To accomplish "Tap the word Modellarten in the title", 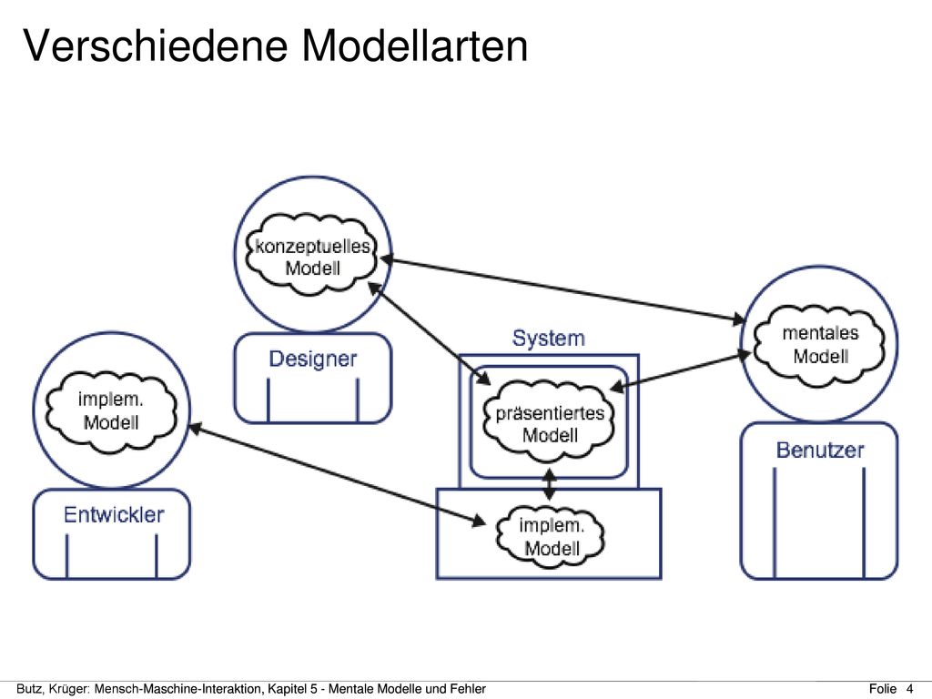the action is (415, 46).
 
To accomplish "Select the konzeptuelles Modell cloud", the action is (312, 256).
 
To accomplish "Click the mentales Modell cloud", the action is (820, 344).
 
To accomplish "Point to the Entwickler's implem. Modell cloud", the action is (111, 410).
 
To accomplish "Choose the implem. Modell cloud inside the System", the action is (551, 537).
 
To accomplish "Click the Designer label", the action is (313, 359).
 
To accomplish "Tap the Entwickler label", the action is (114, 514).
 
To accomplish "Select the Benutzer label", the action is (820, 450).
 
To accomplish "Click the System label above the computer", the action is (548, 338).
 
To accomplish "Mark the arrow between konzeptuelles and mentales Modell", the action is (562, 289).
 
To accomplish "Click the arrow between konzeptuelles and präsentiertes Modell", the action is (429, 333).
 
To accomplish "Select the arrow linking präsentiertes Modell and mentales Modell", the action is (680, 371).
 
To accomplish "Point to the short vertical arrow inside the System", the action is (550, 484).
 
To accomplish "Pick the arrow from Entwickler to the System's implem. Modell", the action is (337, 475).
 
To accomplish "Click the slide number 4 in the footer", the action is (909, 689).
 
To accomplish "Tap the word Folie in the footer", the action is (883, 689).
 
